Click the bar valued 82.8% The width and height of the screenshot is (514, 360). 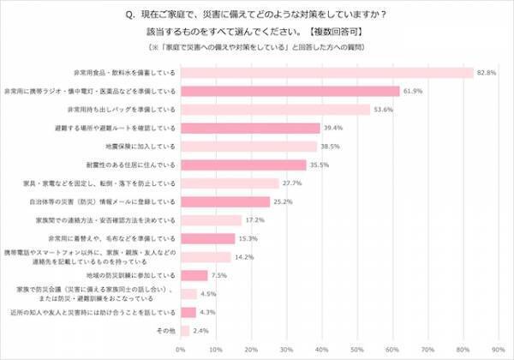(x=326, y=72)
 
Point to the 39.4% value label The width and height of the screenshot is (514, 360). (x=332, y=128)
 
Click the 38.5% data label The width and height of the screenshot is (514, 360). (x=330, y=147)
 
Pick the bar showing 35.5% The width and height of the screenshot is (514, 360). (x=242, y=165)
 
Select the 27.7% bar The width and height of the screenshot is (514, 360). (x=229, y=183)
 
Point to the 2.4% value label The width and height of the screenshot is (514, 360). (x=201, y=329)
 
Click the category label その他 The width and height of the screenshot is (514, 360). (x=165, y=330)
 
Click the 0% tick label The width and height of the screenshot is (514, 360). (x=179, y=349)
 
